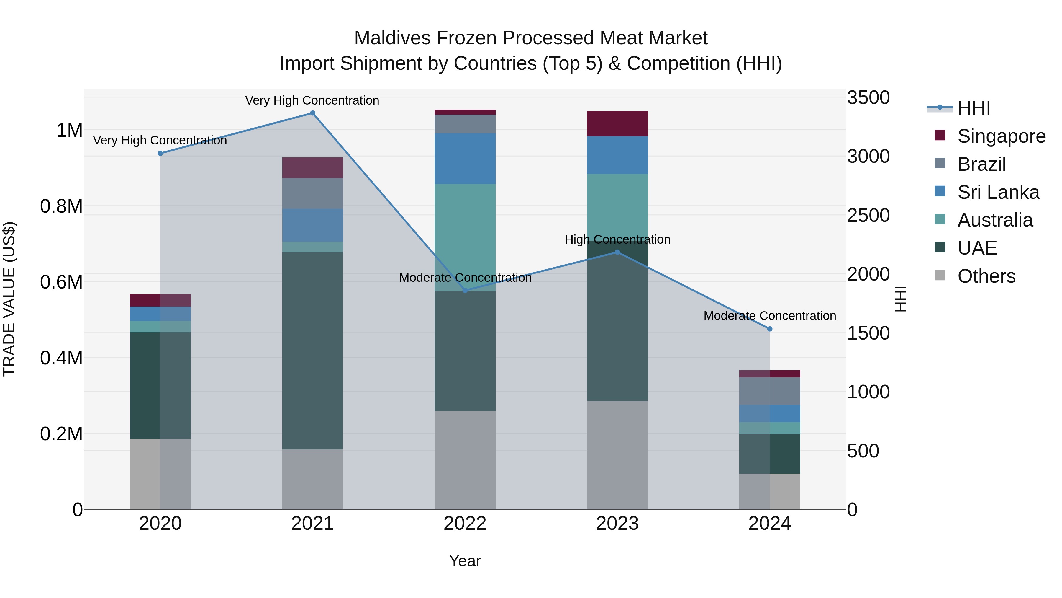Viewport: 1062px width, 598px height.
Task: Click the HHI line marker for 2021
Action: point(312,113)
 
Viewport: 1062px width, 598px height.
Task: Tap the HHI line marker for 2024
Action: point(770,329)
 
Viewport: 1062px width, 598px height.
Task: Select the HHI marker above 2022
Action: point(465,291)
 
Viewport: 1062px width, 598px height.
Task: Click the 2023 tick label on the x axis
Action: point(617,524)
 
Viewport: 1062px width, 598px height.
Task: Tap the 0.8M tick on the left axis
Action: point(61,206)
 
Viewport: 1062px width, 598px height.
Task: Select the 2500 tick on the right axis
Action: point(868,216)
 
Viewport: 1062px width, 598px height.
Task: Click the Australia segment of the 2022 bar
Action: point(465,237)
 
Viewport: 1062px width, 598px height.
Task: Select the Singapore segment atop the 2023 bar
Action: point(617,123)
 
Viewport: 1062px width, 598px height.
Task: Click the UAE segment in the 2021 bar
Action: point(312,351)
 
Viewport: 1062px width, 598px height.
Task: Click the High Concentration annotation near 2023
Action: point(617,239)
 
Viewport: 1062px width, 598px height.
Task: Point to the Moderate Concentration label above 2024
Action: point(770,316)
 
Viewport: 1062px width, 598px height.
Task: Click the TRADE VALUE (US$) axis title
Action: point(9,299)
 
